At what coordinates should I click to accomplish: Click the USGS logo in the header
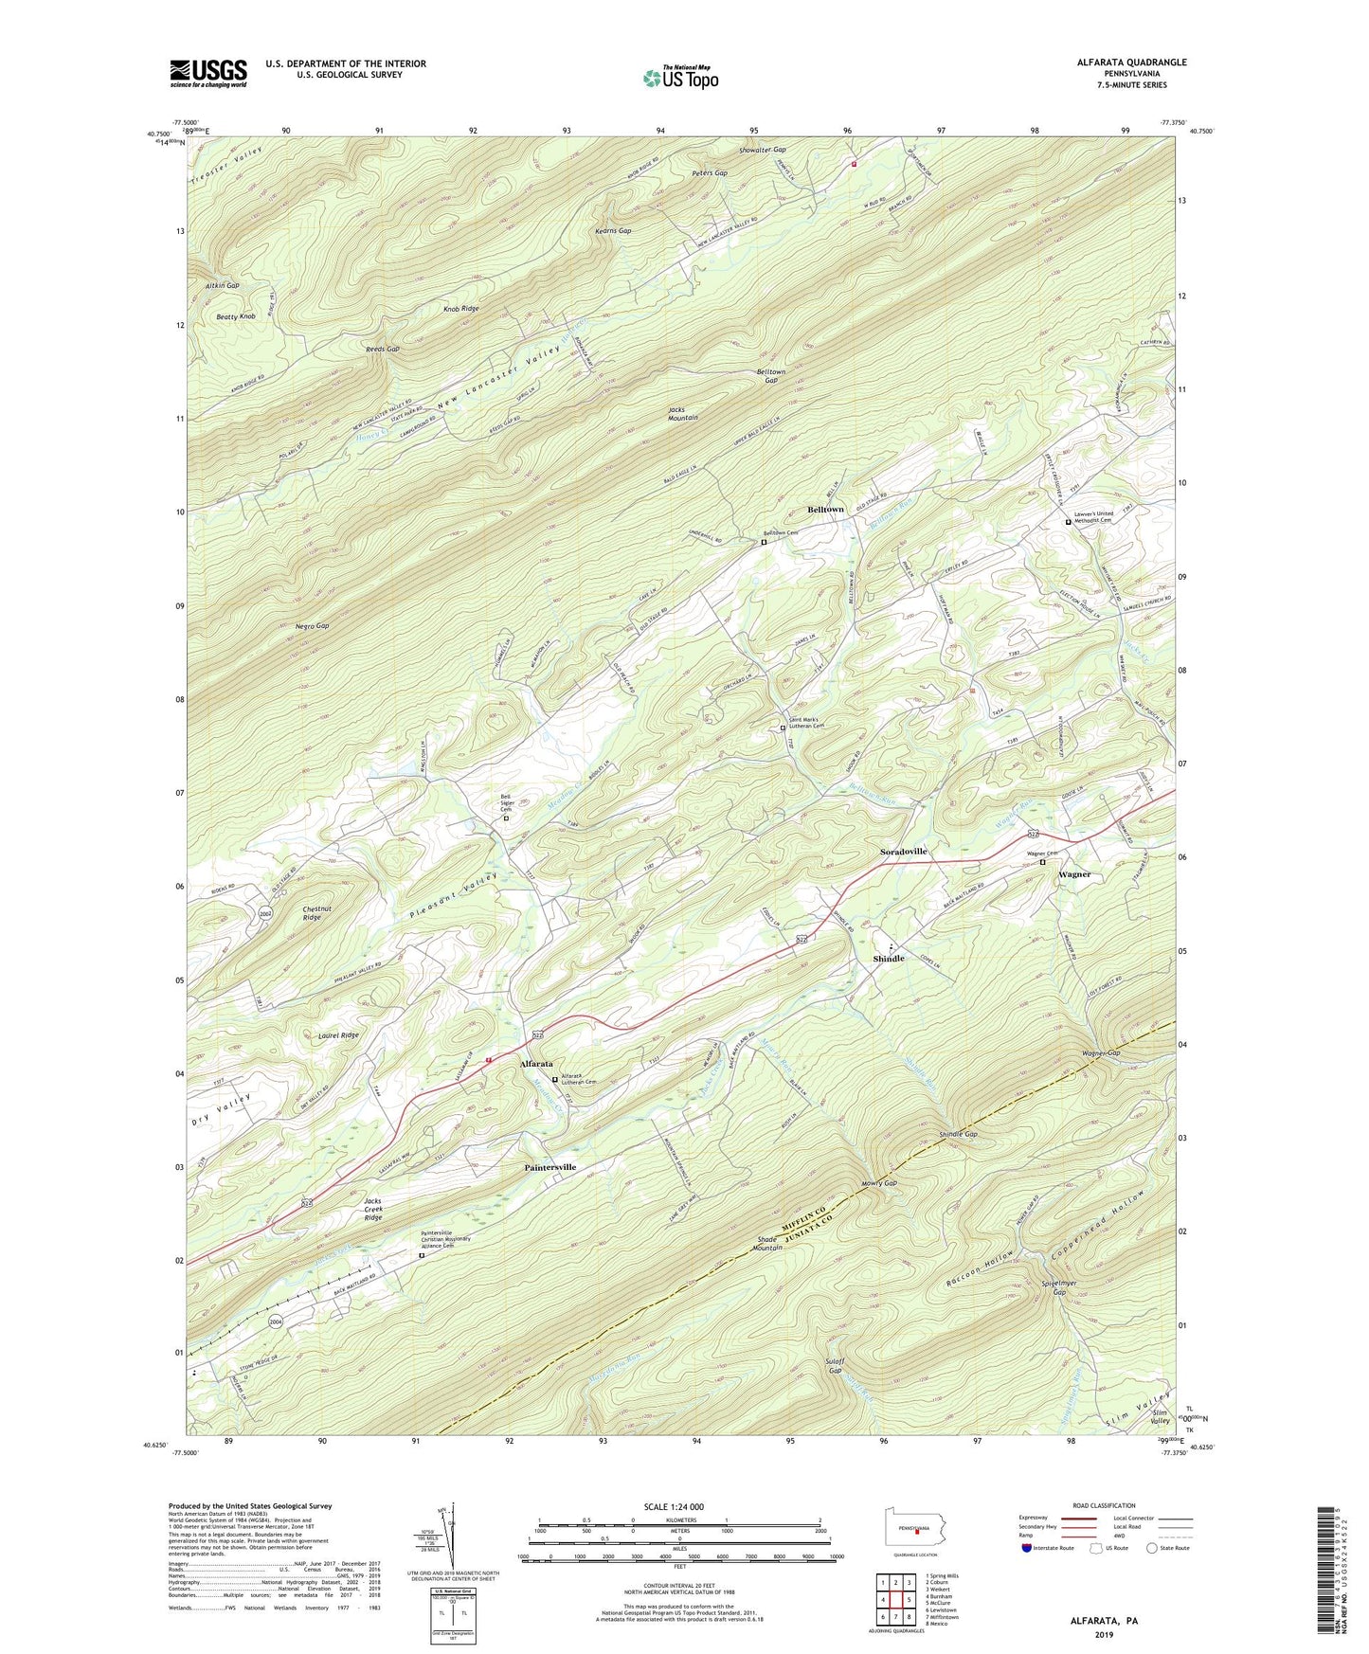208,72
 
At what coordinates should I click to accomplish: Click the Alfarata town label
536,1065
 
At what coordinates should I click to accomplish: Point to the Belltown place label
825,510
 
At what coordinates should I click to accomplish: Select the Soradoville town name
904,852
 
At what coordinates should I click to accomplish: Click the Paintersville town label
564,1167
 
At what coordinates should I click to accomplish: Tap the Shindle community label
889,959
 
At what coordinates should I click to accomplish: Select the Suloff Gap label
835,1365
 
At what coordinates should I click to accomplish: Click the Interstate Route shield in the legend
1028,1549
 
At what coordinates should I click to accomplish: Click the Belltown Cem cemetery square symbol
764,543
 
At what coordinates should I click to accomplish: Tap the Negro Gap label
310,626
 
